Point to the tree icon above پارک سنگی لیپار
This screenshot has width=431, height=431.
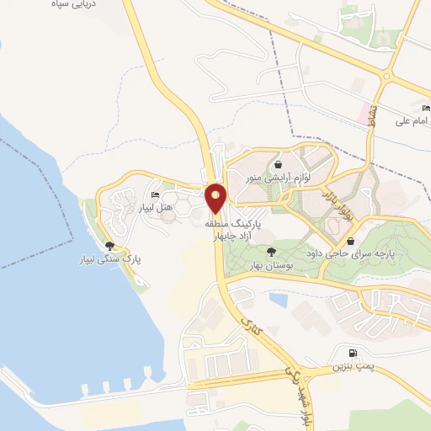pos(109,246)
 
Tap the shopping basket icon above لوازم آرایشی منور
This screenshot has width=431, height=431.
pos(278,163)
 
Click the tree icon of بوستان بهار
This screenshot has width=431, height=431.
pos(271,251)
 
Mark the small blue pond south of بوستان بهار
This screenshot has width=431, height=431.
pos(277,298)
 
